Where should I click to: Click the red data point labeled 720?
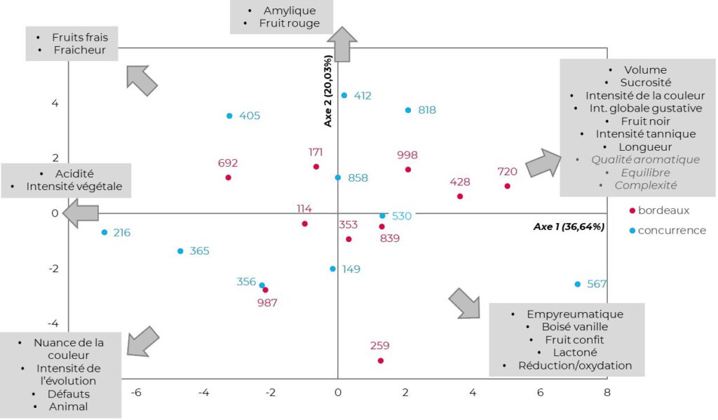507,186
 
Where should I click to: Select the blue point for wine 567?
578,284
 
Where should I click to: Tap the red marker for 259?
381,360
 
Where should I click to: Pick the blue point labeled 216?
104,232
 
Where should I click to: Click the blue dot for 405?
229,116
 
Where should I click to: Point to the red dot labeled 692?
228,177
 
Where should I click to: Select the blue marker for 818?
408,110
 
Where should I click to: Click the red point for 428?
460,196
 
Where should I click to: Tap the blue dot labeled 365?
180,251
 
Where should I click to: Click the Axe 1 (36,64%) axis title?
569,226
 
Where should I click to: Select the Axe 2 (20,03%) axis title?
327,92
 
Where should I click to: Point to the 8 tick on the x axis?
607,393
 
